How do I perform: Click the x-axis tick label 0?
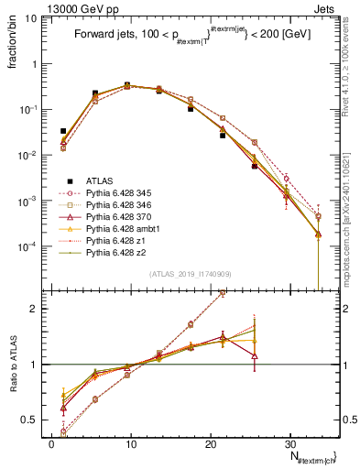pos(51,442)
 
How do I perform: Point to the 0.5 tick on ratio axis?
pos(32,420)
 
